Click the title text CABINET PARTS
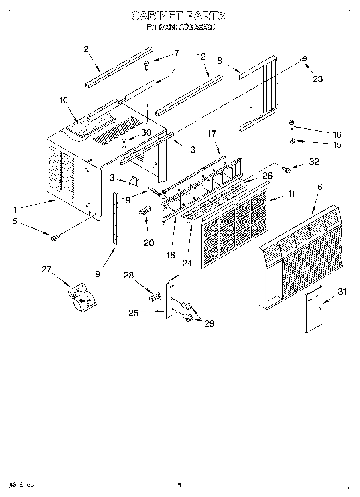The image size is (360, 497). [x=179, y=16]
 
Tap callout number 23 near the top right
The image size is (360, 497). [x=317, y=79]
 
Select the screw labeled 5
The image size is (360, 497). [x=54, y=238]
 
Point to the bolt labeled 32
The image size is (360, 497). [x=287, y=170]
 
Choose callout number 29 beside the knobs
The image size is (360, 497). [x=209, y=323]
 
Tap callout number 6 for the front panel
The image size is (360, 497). [x=319, y=187]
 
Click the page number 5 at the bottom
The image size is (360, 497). [x=180, y=485]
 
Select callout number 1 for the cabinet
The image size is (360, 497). [x=15, y=209]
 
